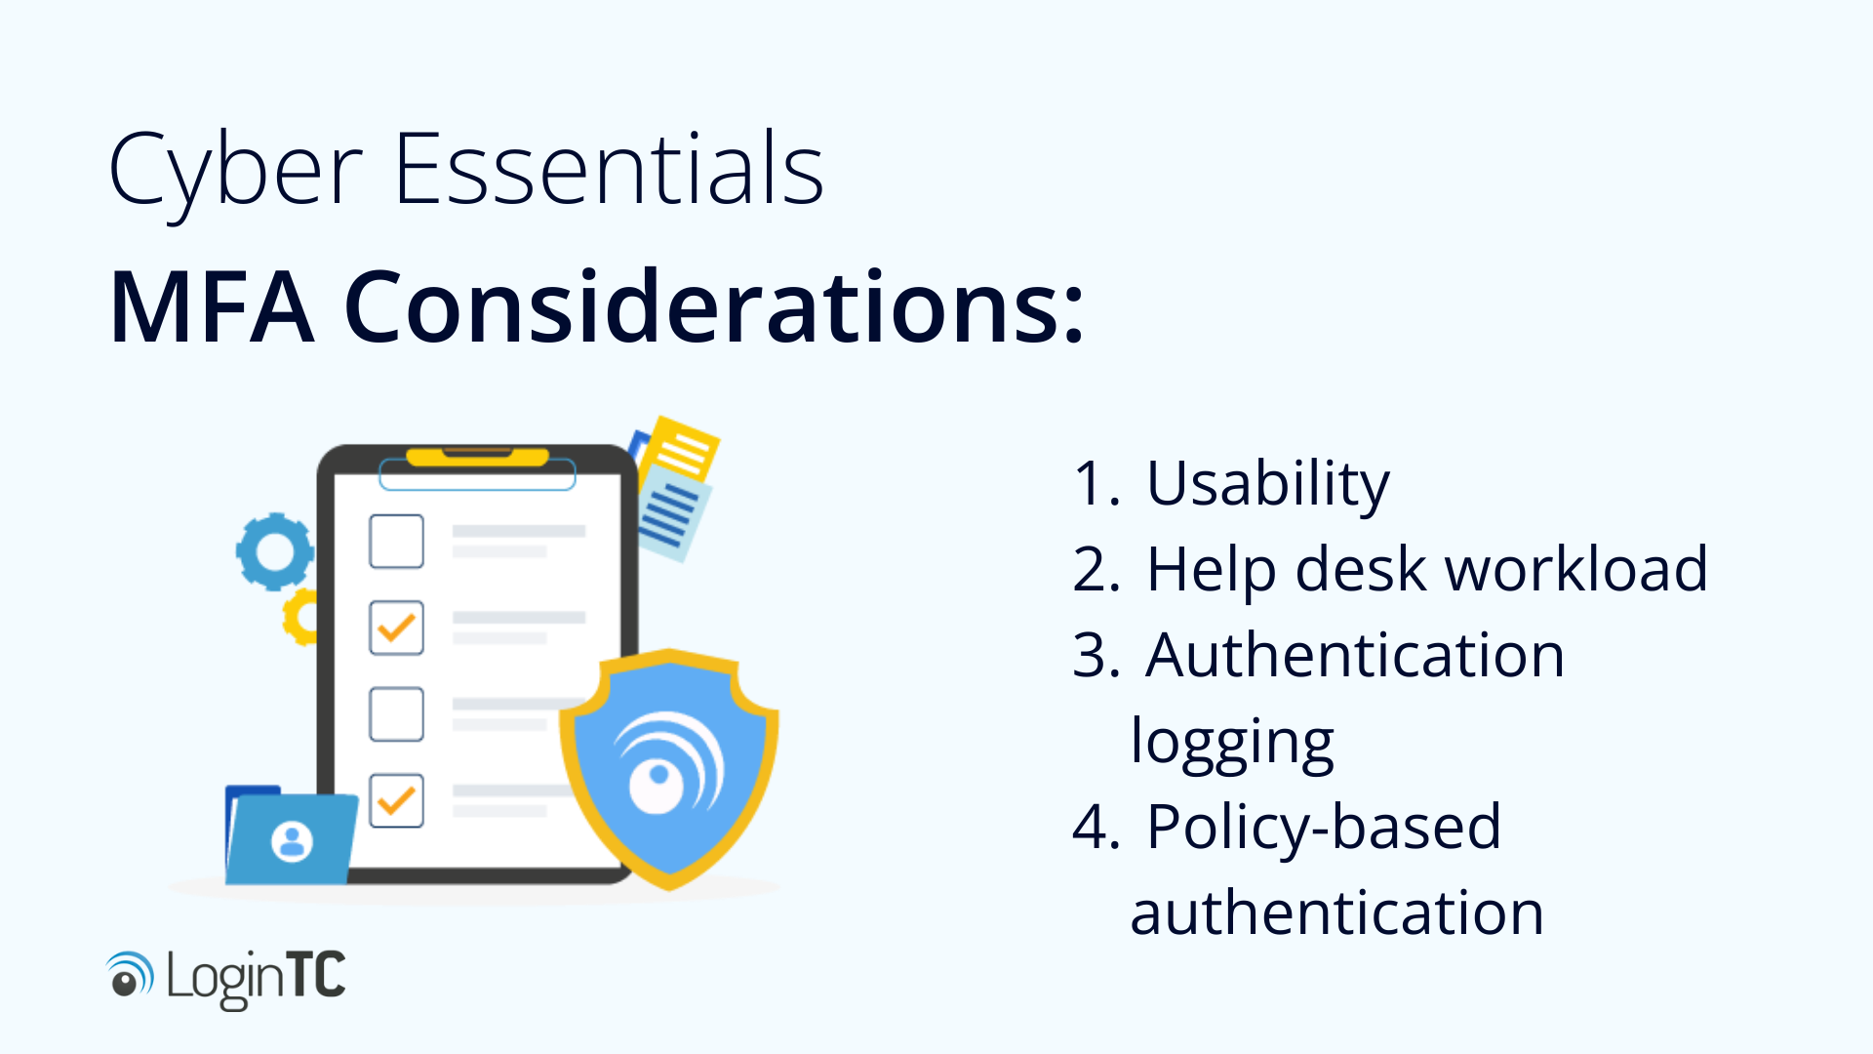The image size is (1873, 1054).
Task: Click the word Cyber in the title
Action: tap(234, 171)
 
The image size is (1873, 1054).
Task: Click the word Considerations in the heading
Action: tap(713, 307)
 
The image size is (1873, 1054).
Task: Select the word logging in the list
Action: tap(1232, 744)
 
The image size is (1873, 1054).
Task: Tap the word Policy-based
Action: tap(1323, 828)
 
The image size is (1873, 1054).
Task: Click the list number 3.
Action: tap(1093, 656)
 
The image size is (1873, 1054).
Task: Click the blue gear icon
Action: tap(275, 551)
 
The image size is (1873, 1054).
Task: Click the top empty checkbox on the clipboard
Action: tap(396, 541)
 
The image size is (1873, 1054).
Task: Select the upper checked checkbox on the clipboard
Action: tap(396, 628)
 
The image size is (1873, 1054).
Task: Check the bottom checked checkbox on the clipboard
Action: tap(396, 800)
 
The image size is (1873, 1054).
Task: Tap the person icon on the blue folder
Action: tap(292, 840)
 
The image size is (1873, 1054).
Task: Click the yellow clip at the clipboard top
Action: tap(477, 457)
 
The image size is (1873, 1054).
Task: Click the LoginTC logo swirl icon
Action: tap(129, 975)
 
